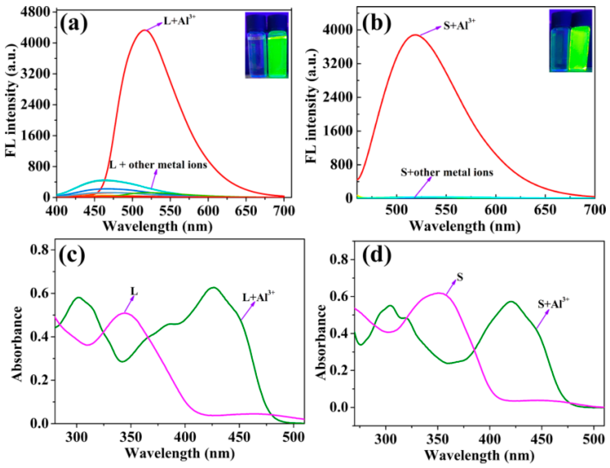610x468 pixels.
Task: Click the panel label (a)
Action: (74, 24)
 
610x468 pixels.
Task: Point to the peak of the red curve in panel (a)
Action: (144, 30)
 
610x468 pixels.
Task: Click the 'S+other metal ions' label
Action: (447, 172)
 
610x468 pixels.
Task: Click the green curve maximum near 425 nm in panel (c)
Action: (214, 287)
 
